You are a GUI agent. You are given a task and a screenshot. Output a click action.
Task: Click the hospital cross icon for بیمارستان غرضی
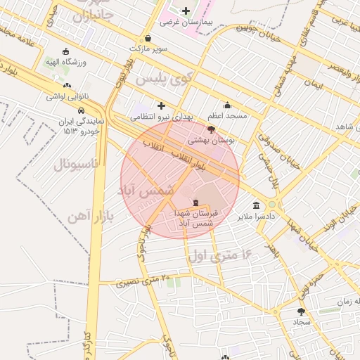(186, 11)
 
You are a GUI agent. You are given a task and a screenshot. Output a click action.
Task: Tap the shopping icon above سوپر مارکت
(148, 38)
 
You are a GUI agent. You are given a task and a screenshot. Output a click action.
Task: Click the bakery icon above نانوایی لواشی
(67, 86)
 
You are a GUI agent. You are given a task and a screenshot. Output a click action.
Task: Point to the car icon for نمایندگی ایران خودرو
(82, 110)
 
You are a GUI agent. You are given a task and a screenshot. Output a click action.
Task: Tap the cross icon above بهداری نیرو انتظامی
(161, 105)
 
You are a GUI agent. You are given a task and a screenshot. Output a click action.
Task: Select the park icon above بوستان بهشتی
(212, 129)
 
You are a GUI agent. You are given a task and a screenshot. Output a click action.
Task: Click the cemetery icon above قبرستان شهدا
(196, 200)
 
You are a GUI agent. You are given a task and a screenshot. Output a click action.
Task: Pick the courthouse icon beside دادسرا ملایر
(256, 206)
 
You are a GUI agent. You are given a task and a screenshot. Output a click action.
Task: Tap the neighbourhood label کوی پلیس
(163, 79)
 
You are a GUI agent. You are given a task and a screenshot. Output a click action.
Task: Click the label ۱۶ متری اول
(220, 254)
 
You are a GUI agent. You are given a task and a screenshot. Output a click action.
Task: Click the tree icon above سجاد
(302, 311)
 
